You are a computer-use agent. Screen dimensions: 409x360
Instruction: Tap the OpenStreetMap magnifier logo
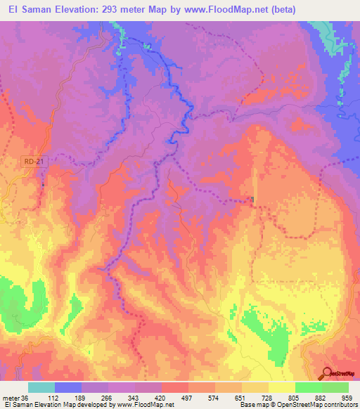coord(328,374)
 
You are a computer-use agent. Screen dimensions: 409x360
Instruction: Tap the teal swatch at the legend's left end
coord(41,387)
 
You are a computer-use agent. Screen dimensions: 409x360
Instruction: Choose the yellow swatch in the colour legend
coord(282,387)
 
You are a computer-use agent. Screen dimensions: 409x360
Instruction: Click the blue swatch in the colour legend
coord(68,387)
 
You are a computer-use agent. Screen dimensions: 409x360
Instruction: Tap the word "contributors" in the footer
coord(337,405)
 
